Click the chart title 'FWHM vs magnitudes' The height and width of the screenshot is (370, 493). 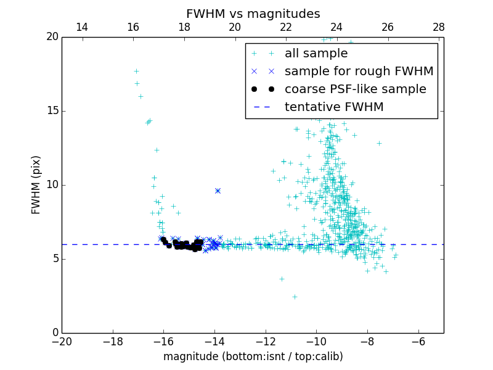tap(253, 14)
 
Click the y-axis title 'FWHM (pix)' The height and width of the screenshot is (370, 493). tap(36, 184)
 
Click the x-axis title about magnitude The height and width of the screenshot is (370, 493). tap(253, 356)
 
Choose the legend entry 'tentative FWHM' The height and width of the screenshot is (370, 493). tap(334, 107)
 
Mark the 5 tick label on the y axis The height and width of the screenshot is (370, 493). tap(54, 259)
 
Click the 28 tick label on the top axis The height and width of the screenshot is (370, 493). tap(439, 27)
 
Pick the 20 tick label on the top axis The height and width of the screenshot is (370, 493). tap(235, 27)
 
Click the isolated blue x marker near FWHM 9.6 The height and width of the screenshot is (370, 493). tap(218, 191)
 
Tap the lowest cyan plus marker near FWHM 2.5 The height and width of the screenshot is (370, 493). tap(295, 297)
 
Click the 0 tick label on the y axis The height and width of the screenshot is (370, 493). tap(54, 333)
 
